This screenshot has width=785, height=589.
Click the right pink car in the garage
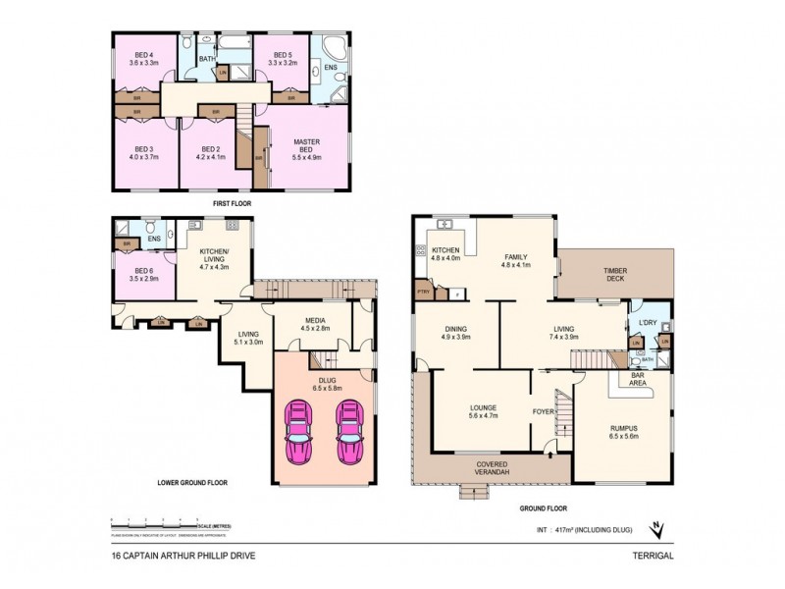[x=350, y=432]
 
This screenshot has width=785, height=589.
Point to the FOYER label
[x=543, y=411]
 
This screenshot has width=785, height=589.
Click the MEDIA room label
[x=303, y=324]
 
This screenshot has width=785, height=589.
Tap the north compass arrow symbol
[x=660, y=531]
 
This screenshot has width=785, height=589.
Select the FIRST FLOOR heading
[x=233, y=203]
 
